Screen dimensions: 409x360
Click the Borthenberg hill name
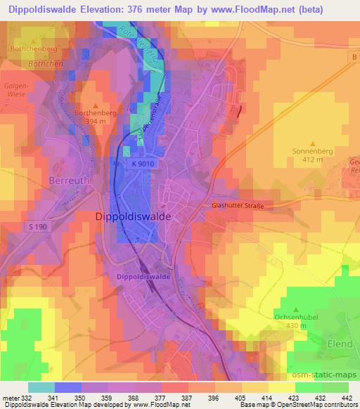96,111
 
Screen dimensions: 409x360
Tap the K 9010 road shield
142,163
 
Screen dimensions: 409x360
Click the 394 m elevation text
96,120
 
